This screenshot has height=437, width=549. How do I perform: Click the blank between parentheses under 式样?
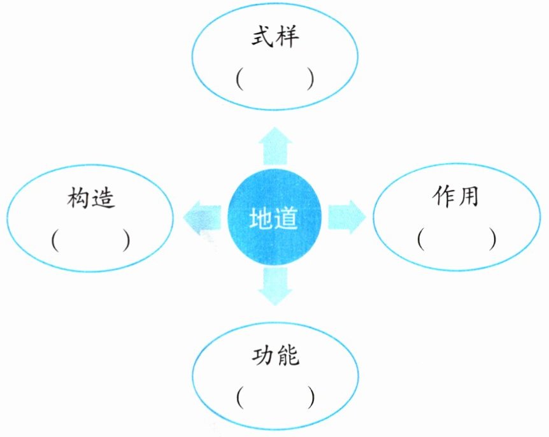point(274,80)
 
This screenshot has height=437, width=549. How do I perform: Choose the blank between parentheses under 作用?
point(457,238)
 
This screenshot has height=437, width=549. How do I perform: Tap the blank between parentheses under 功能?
point(274,398)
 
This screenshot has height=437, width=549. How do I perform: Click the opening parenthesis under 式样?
point(238,80)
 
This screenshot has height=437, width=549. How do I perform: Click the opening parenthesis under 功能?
point(238,398)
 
